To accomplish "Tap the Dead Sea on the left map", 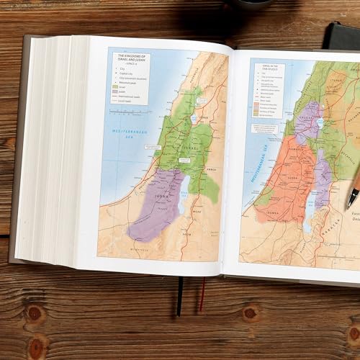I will tap(181, 196).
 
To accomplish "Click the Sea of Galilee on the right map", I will tap(316, 125).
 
